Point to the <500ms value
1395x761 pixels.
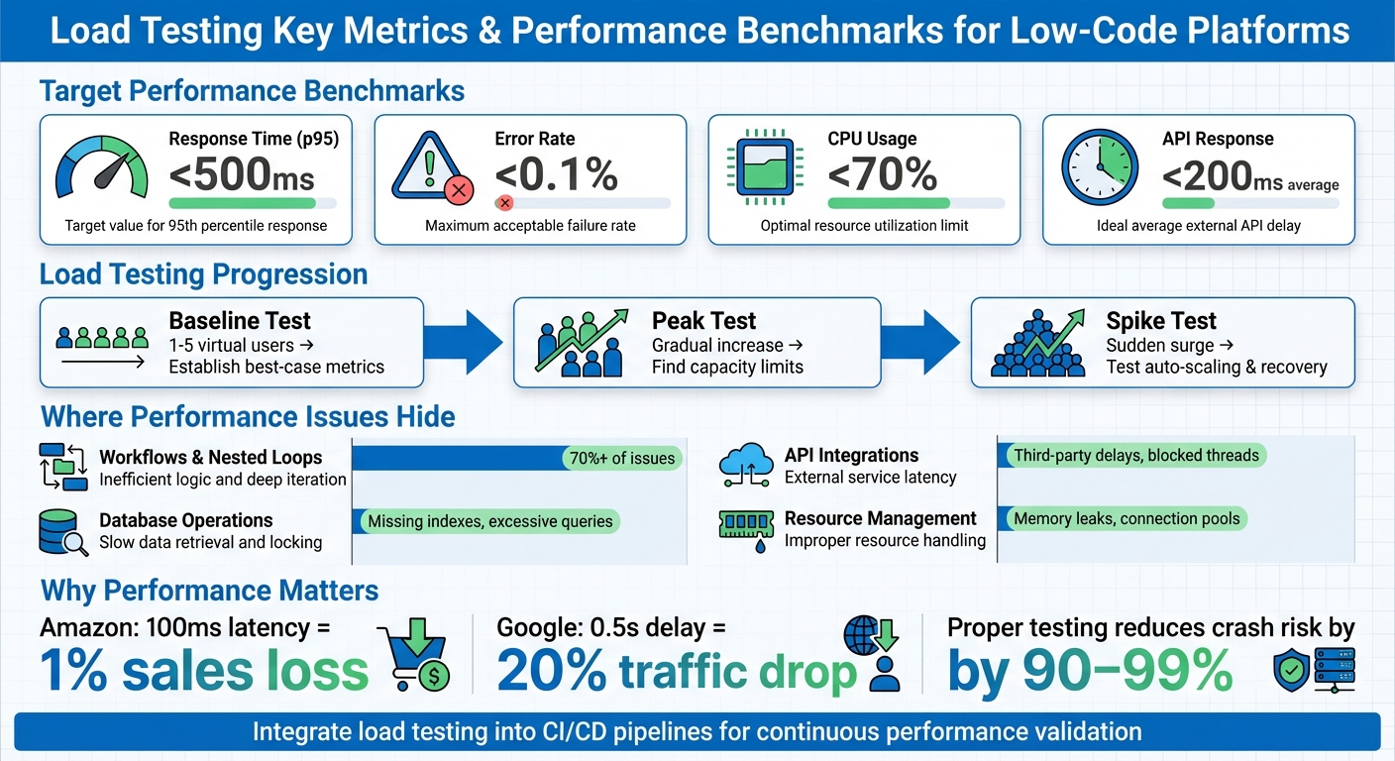[x=242, y=176]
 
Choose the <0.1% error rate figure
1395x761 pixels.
[x=556, y=175]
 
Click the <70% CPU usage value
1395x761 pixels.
[x=882, y=175]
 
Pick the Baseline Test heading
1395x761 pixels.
[x=240, y=321]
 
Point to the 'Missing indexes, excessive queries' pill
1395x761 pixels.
[x=489, y=521]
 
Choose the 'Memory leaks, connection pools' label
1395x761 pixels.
[x=1127, y=518]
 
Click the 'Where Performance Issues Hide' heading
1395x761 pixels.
[x=248, y=417]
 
